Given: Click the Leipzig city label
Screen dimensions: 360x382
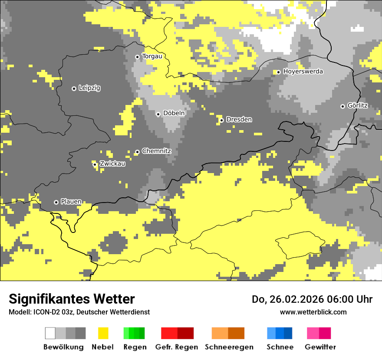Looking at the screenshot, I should pyautogui.click(x=89, y=88).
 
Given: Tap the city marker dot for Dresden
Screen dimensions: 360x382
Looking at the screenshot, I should pyautogui.click(x=221, y=120).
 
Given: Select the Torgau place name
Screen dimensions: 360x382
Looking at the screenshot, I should pyautogui.click(x=152, y=56).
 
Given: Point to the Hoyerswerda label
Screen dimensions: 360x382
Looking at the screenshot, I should pyautogui.click(x=303, y=72).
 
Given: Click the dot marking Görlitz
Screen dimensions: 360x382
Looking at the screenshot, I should pyautogui.click(x=342, y=106).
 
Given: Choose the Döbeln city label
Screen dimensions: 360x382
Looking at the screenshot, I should pyautogui.click(x=174, y=113).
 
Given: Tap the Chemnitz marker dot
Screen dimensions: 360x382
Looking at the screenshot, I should pyautogui.click(x=137, y=152).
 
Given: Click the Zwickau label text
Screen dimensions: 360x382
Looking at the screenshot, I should pyautogui.click(x=112, y=164).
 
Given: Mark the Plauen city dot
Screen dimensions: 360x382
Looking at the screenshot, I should pyautogui.click(x=56, y=202).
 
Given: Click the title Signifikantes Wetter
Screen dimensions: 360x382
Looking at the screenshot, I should pyautogui.click(x=72, y=299).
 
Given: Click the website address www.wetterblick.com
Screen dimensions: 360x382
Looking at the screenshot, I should pyautogui.click(x=313, y=312).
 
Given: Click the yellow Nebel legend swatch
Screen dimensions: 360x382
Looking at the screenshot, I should pyautogui.click(x=103, y=333).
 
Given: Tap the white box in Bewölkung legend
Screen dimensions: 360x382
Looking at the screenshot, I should pyautogui.click(x=50, y=333).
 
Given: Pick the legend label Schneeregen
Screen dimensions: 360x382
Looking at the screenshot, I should pyautogui.click(x=229, y=347).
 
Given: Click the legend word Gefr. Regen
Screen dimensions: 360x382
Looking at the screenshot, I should pyautogui.click(x=176, y=347).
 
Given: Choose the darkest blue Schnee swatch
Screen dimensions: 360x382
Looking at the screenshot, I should pyautogui.click(x=288, y=333).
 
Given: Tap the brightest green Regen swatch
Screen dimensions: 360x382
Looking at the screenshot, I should pyautogui.click(x=126, y=333).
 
